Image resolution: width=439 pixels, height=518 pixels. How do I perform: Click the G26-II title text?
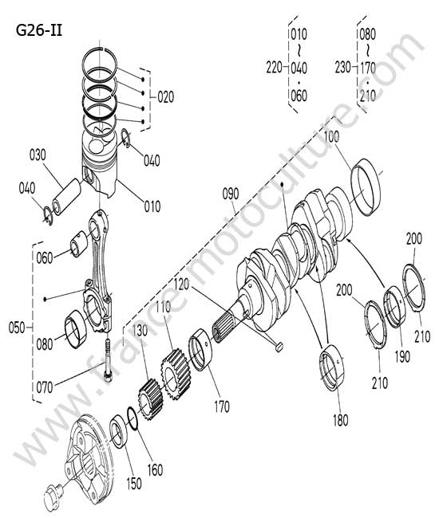39,31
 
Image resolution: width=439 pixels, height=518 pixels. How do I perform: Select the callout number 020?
165,97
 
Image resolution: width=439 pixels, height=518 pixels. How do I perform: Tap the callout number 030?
38,155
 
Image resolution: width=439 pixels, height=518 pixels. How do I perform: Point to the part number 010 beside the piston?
152,206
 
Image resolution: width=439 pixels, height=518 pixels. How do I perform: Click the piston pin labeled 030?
66,197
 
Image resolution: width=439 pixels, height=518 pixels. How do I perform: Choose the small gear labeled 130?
151,399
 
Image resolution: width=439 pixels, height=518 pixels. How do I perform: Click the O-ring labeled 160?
132,418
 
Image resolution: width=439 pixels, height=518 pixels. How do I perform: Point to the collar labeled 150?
119,431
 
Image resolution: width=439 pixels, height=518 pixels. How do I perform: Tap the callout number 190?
402,356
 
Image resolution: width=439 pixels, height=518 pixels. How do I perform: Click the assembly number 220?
275,68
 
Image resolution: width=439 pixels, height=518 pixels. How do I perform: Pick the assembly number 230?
342,68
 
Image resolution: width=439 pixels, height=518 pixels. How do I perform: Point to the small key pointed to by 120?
279,347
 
